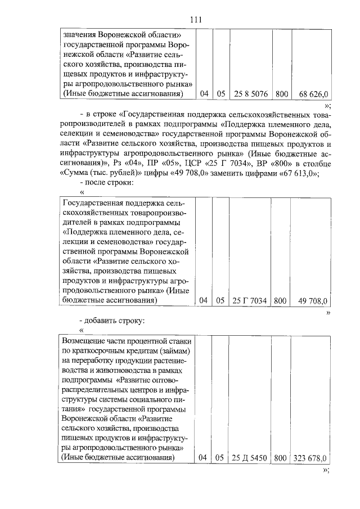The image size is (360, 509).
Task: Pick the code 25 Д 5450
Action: pos(250,458)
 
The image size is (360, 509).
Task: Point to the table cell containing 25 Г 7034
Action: pos(250,301)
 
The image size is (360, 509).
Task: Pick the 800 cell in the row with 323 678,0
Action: pos(280,458)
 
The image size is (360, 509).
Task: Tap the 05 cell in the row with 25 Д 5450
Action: pos(220,458)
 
